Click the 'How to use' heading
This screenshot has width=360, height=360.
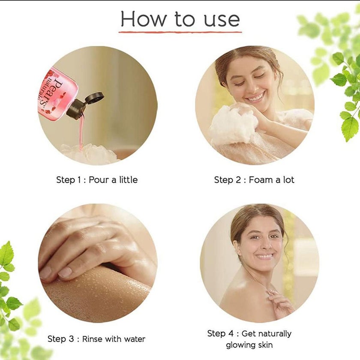point(180,19)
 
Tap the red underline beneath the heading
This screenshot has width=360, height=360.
point(180,31)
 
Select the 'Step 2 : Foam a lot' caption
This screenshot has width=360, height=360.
point(254,180)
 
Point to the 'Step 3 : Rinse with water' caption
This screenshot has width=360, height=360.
point(96,339)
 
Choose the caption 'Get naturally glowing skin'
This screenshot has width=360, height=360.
point(249,339)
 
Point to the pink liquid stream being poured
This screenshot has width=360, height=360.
point(81,133)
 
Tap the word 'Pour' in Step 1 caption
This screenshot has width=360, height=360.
point(99,180)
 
